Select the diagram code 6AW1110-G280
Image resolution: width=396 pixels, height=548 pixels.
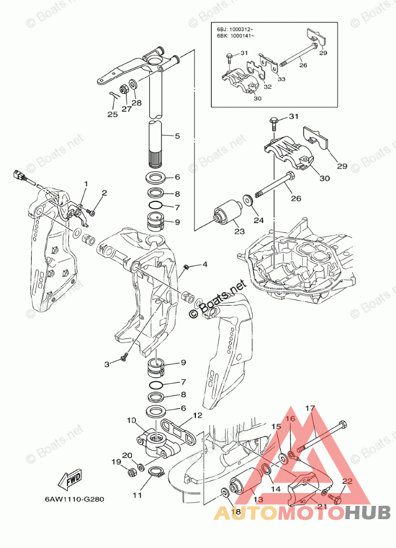[75, 498]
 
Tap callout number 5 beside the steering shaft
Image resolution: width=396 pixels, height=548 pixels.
[177, 136]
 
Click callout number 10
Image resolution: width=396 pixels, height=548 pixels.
[131, 421]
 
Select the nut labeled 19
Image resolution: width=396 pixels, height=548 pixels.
[132, 473]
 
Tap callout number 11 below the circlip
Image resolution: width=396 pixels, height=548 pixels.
[137, 494]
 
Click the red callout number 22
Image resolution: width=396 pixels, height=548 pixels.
[347, 481]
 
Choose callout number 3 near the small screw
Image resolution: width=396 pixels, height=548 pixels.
[108, 364]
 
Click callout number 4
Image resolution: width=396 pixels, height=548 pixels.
[205, 265]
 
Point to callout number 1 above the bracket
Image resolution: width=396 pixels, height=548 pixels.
[86, 183]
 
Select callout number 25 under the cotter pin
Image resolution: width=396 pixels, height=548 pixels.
[113, 115]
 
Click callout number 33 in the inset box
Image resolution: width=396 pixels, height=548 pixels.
[281, 79]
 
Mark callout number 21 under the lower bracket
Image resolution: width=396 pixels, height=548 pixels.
[322, 505]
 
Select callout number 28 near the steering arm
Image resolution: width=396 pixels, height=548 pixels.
[136, 103]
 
